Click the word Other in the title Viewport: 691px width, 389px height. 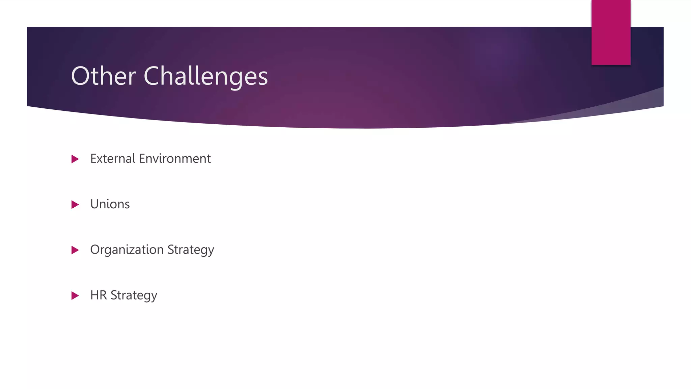pyautogui.click(x=103, y=76)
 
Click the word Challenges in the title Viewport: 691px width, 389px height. pyautogui.click(x=205, y=76)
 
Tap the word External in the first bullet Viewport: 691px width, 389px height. pyautogui.click(x=113, y=159)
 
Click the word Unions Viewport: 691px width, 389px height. pyautogui.click(x=110, y=204)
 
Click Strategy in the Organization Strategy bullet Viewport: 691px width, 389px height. pyautogui.click(x=191, y=250)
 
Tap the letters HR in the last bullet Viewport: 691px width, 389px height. pyautogui.click(x=99, y=295)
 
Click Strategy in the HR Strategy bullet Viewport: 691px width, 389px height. pyautogui.click(x=134, y=296)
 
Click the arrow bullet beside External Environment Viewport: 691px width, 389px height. pyautogui.click(x=75, y=159)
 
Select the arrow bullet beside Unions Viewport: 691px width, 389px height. pyautogui.click(x=75, y=205)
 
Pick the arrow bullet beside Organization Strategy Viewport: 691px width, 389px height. pyautogui.click(x=75, y=250)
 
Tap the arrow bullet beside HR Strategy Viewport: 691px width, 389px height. pyautogui.click(x=75, y=296)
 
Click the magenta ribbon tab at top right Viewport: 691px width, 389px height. pyautogui.click(x=611, y=32)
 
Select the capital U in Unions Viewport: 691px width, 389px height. pyautogui.click(x=94, y=204)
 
